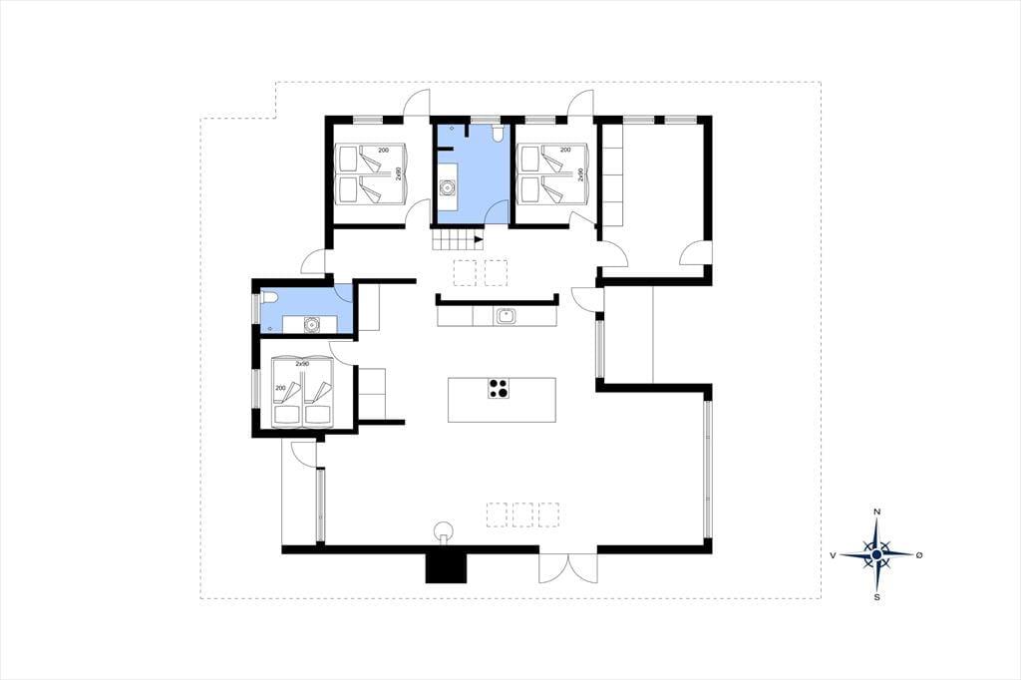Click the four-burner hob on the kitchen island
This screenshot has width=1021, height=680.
click(499, 388)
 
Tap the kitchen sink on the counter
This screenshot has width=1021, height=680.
click(506, 316)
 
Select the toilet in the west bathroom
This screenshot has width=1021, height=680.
click(269, 299)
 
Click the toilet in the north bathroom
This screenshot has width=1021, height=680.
click(499, 133)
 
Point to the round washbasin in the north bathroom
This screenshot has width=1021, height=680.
click(447, 188)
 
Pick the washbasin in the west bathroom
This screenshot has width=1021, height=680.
click(312, 324)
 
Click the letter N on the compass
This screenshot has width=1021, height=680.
click(877, 511)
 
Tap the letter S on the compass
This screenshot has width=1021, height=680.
click(877, 596)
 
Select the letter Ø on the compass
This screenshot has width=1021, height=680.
click(918, 555)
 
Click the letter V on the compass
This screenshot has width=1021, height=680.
click(833, 555)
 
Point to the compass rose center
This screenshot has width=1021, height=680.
click(877, 554)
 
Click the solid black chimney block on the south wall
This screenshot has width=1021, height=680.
click(447, 568)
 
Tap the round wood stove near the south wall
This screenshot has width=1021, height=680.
click(444, 529)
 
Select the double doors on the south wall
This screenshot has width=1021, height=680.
click(567, 568)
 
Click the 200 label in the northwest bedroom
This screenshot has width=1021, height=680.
click(384, 151)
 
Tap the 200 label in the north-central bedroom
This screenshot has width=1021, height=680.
click(565, 151)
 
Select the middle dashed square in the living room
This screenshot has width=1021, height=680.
click(522, 513)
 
